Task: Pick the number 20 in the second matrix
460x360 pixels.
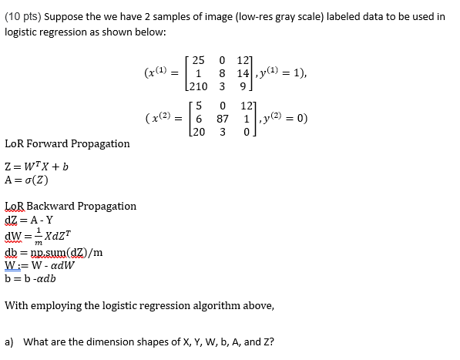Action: (x=200, y=133)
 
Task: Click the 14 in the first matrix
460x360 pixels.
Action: (x=245, y=75)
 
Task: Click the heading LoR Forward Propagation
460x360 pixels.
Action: (x=67, y=144)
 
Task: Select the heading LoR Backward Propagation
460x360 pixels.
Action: (x=70, y=206)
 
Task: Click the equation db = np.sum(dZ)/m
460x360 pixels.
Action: (x=53, y=251)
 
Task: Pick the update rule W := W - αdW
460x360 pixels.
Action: (x=39, y=266)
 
